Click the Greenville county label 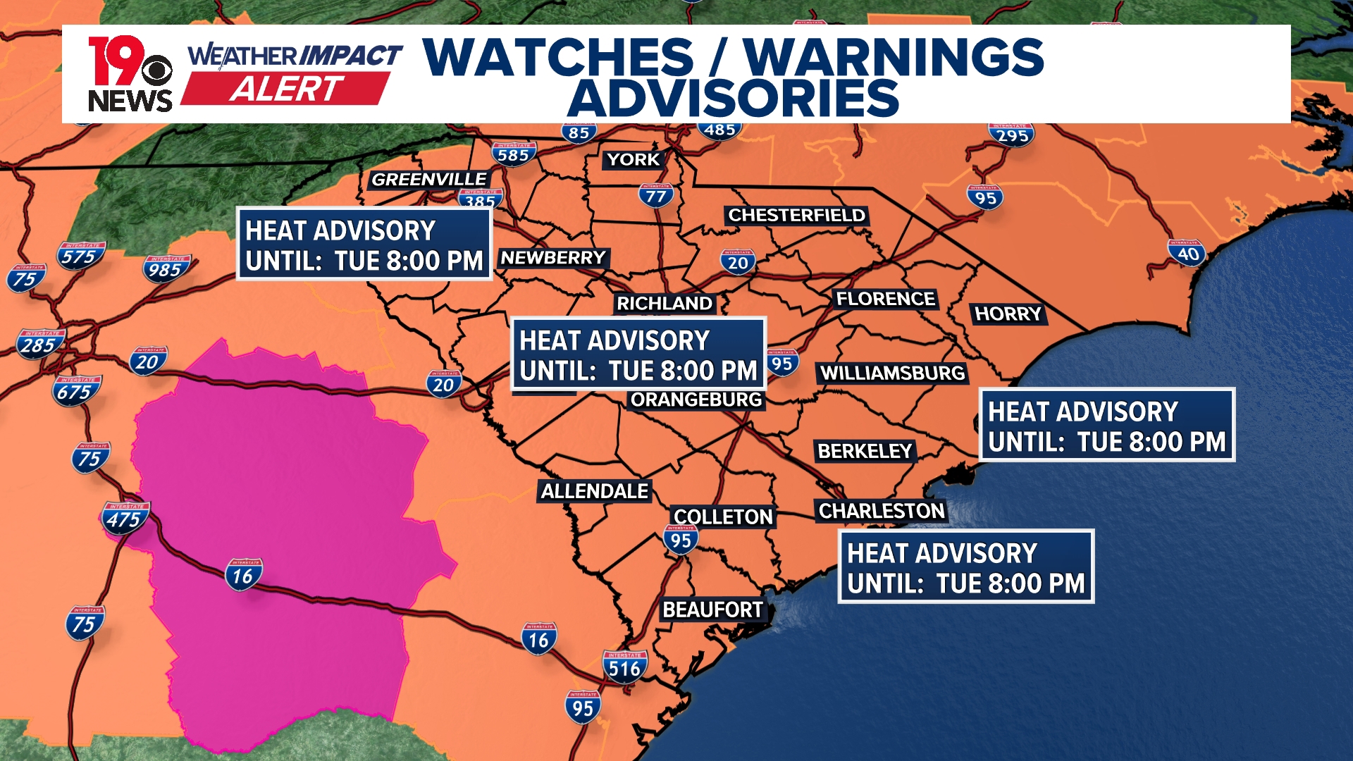[x=428, y=180]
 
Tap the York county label [x=634, y=160]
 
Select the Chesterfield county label [x=796, y=215]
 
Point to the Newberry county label [x=553, y=258]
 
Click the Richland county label [x=665, y=304]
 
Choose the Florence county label [x=885, y=299]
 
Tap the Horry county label [x=1008, y=314]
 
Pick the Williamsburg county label [x=892, y=373]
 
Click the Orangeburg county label [x=696, y=400]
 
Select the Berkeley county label [x=865, y=452]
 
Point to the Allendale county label [x=595, y=491]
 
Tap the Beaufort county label [x=712, y=610]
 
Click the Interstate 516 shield [x=624, y=667]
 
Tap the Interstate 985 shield [x=166, y=268]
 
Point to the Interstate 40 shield [x=1187, y=253]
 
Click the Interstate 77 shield [x=656, y=195]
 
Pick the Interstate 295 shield [x=1012, y=134]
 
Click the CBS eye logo [x=157, y=70]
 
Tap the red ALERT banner [x=285, y=89]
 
